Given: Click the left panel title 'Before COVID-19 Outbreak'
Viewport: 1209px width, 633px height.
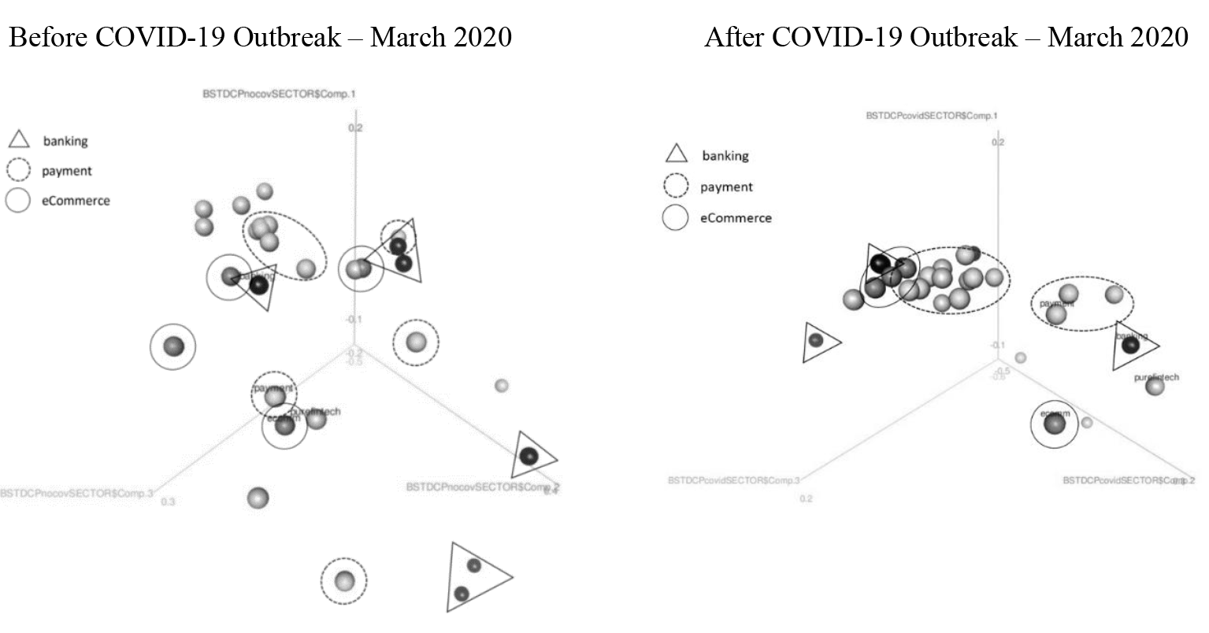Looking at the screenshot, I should [174, 37].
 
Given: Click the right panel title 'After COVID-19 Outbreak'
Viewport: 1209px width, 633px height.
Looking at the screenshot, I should [859, 37].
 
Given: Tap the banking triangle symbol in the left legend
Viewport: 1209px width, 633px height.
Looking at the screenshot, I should [19, 140].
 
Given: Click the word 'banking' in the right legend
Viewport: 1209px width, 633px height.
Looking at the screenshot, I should [725, 156].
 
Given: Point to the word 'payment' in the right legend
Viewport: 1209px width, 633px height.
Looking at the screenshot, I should [726, 187].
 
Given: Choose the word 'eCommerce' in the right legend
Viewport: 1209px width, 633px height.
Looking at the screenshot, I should [736, 217].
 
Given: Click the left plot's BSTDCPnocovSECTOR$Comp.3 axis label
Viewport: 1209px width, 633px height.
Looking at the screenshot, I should [76, 494].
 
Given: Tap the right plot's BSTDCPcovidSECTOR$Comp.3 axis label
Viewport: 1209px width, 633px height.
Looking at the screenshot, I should [734, 480].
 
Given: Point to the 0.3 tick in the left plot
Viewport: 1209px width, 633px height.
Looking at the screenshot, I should [168, 502].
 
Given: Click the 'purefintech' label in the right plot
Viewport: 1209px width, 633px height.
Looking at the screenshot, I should [1157, 378].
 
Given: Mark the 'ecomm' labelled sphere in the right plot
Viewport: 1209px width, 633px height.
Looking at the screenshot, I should [1054, 424].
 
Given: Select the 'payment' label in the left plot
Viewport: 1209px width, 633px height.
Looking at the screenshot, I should [273, 388].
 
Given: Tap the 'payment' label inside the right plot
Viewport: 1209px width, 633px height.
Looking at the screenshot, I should [1057, 303].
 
